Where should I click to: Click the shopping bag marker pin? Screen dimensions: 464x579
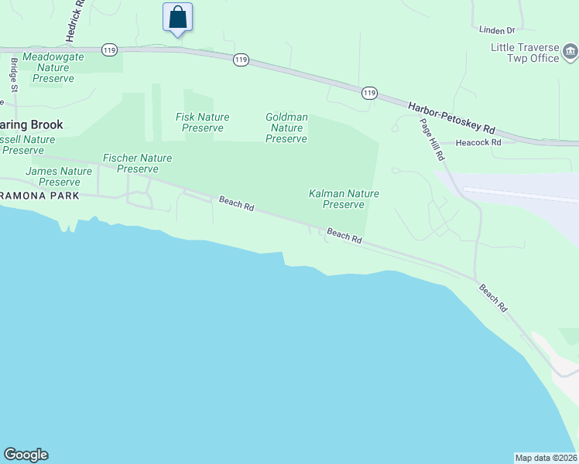tap(177, 17)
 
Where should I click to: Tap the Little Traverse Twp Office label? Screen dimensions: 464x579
tap(524, 53)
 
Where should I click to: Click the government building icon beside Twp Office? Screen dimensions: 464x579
tap(570, 53)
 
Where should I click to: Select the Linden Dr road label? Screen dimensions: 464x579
tap(497, 31)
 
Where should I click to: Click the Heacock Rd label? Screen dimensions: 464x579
tap(478, 143)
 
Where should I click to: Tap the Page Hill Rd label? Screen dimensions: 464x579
tap(433, 139)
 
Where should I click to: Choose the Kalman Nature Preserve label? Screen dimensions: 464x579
tap(343, 199)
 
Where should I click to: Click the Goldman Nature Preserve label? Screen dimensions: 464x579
tap(286, 128)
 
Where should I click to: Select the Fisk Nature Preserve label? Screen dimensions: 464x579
tap(203, 122)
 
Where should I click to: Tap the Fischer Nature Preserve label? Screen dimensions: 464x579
tap(138, 163)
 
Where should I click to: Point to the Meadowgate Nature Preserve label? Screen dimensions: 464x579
tap(54, 68)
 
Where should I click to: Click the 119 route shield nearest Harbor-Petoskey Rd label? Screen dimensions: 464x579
tap(368, 93)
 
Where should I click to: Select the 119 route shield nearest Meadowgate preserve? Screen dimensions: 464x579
tap(109, 49)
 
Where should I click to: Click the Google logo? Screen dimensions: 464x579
tap(26, 455)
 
